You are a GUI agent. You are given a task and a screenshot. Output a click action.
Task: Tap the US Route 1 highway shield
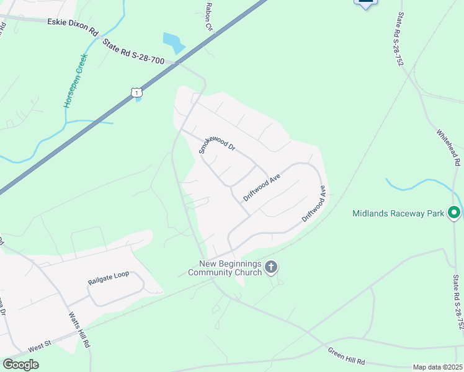[136, 92]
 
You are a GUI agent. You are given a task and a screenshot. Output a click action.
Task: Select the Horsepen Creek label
[76, 81]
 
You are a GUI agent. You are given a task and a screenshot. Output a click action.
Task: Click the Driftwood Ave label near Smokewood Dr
[262, 187]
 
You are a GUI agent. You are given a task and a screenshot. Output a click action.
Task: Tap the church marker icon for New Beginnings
[270, 268]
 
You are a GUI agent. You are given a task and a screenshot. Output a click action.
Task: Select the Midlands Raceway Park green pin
[454, 213]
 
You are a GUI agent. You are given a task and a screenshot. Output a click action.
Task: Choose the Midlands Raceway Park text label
[398, 213]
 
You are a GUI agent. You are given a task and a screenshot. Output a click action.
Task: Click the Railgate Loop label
[108, 274]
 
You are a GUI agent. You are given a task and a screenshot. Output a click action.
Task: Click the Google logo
[20, 364]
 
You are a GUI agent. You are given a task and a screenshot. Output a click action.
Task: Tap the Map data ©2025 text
[437, 367]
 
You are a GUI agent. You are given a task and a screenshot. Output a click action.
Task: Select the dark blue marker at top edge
[366, 3]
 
